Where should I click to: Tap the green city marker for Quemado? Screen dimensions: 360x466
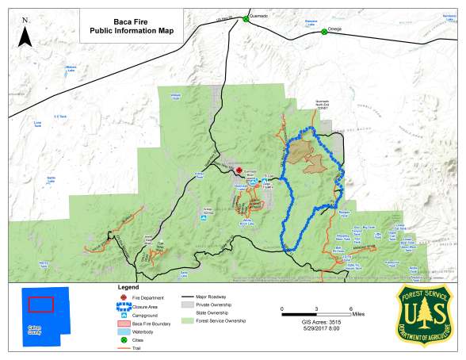(246, 19)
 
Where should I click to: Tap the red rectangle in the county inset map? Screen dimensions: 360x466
(40, 304)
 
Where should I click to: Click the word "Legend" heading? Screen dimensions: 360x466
(128, 286)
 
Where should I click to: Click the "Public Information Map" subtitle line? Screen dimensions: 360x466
(131, 31)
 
